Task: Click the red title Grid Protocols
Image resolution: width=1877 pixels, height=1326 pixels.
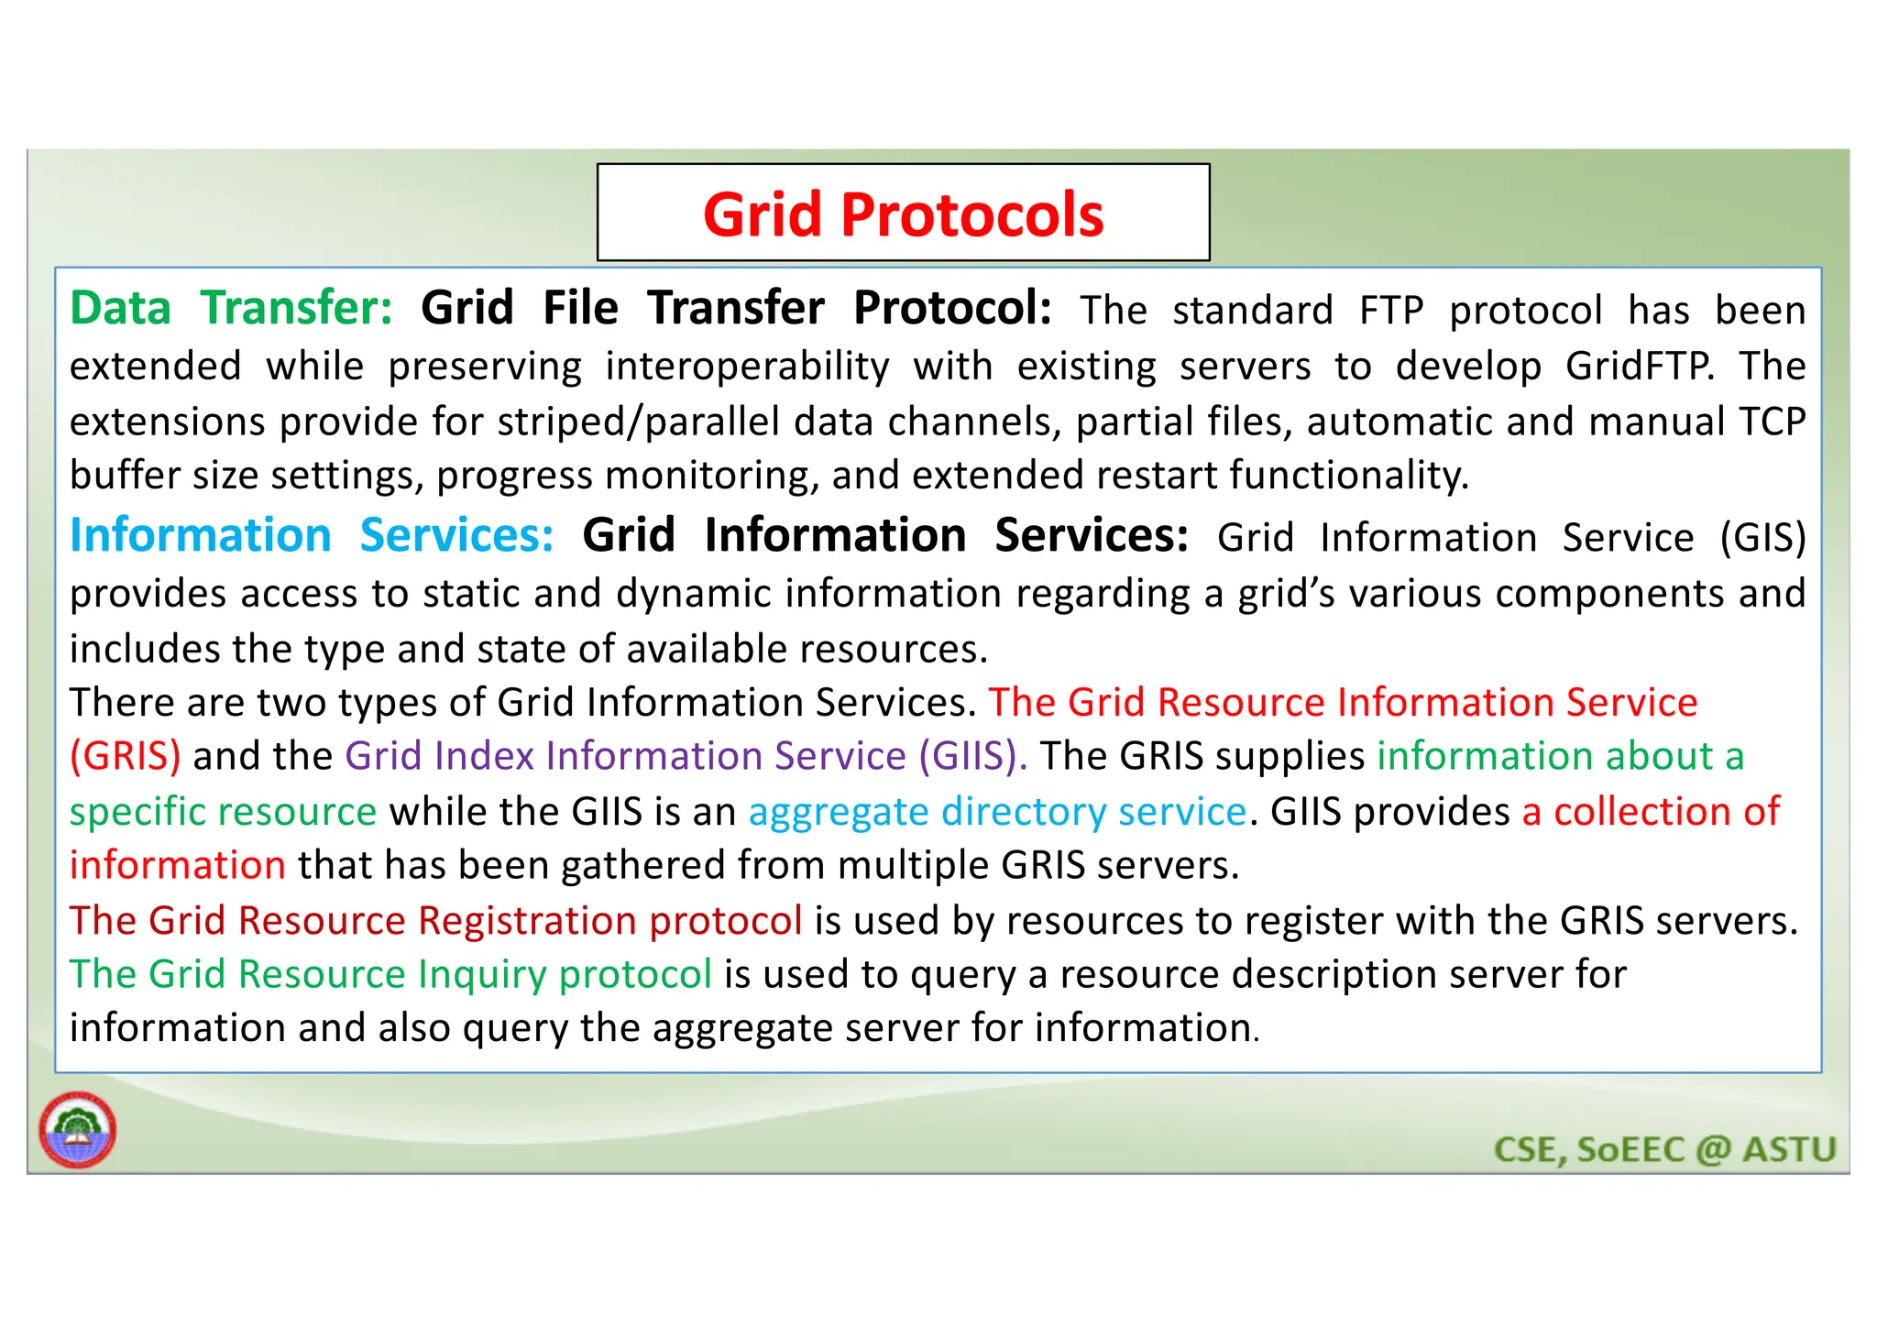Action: [x=903, y=214]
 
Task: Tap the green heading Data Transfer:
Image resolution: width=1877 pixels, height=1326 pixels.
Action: [x=231, y=308]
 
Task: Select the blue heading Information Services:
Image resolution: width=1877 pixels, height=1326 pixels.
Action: [x=312, y=535]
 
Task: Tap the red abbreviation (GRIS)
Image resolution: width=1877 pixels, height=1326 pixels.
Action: [x=126, y=756]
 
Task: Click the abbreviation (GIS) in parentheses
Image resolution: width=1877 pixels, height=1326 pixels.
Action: [x=1762, y=538]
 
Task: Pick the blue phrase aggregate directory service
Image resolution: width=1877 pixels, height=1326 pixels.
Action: [x=997, y=812]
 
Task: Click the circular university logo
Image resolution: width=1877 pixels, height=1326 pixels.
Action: [x=78, y=1130]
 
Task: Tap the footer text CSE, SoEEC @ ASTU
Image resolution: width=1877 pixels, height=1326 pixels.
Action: [x=1664, y=1149]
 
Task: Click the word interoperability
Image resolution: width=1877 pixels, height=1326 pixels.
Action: [x=747, y=367]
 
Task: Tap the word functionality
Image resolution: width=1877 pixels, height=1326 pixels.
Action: [x=1348, y=476]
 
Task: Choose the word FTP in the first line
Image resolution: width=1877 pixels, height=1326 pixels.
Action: [x=1390, y=311]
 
